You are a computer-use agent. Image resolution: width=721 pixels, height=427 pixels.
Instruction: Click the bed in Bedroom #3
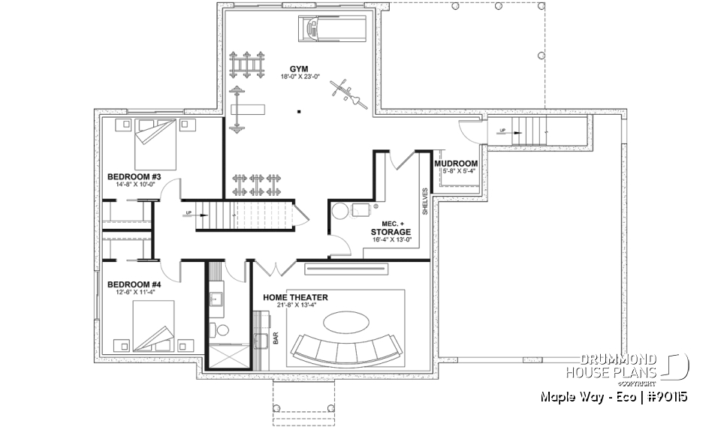[x=156, y=145]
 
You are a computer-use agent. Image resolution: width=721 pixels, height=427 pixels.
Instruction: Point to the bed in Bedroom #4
[x=154, y=325]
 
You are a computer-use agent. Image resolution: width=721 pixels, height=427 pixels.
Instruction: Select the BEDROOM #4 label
[x=134, y=284]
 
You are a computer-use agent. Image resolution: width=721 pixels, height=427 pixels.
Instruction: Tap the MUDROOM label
[x=456, y=163]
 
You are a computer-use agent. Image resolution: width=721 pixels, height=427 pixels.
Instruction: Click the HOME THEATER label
[x=295, y=297]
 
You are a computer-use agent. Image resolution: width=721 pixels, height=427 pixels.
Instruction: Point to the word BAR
[x=276, y=340]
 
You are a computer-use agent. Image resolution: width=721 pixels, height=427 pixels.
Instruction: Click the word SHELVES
[x=424, y=201]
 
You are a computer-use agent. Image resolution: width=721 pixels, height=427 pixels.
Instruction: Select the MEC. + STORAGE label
[x=391, y=228]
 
